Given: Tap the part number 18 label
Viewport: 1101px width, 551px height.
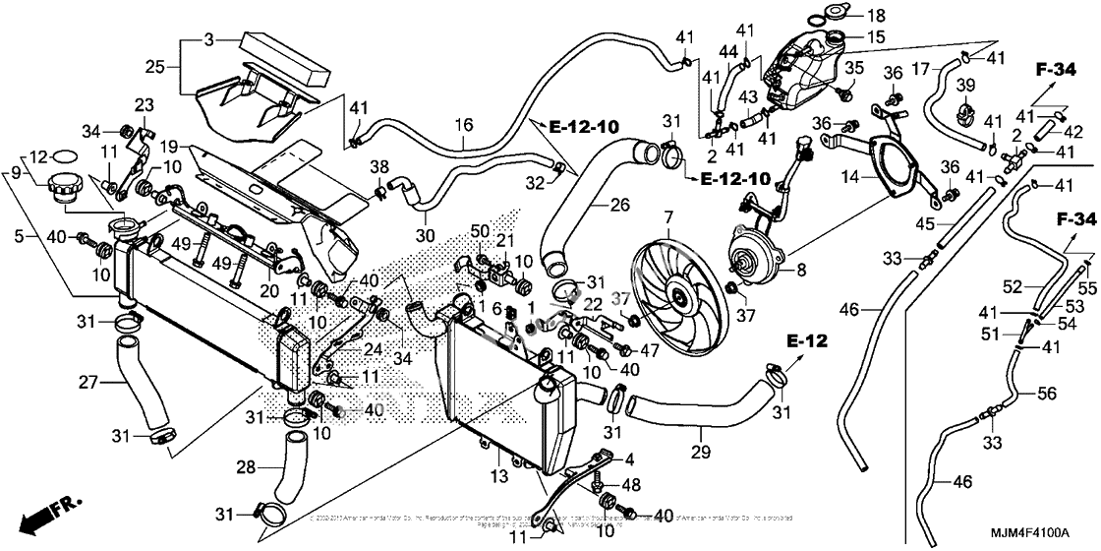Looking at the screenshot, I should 876,15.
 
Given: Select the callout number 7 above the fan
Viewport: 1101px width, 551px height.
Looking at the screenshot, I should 667,214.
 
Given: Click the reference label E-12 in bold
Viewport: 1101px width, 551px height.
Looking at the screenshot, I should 805,341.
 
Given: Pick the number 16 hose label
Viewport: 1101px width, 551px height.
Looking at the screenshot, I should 464,125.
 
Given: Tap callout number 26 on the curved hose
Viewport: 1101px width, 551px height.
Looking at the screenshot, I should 618,207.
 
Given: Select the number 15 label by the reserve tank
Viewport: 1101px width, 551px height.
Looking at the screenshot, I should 876,37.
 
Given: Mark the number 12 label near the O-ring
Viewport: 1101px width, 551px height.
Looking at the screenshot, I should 36,156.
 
